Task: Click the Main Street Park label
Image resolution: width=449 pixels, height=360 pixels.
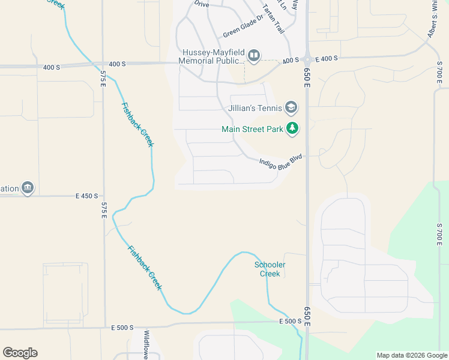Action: point(252,128)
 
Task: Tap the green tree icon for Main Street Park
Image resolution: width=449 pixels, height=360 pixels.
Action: point(292,128)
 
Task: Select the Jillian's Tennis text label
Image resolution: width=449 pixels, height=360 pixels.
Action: point(255,109)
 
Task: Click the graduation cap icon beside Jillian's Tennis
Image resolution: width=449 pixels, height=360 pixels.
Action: point(291,108)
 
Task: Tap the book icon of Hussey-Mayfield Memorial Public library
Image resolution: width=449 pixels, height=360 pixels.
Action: point(254,56)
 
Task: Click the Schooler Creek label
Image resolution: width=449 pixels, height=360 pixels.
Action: point(270,269)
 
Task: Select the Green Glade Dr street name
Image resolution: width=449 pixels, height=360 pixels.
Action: point(243,26)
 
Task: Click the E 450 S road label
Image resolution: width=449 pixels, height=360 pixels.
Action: point(86,196)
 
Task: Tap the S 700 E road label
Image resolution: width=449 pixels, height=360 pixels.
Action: point(439,231)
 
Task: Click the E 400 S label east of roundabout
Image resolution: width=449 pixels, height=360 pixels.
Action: point(327,58)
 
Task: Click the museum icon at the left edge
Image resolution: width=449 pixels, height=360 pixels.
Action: point(28,188)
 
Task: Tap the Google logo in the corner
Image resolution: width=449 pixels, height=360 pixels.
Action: point(20,353)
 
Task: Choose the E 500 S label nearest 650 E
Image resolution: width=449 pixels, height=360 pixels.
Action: point(289,322)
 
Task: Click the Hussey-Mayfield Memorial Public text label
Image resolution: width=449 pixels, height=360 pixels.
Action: point(212,56)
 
